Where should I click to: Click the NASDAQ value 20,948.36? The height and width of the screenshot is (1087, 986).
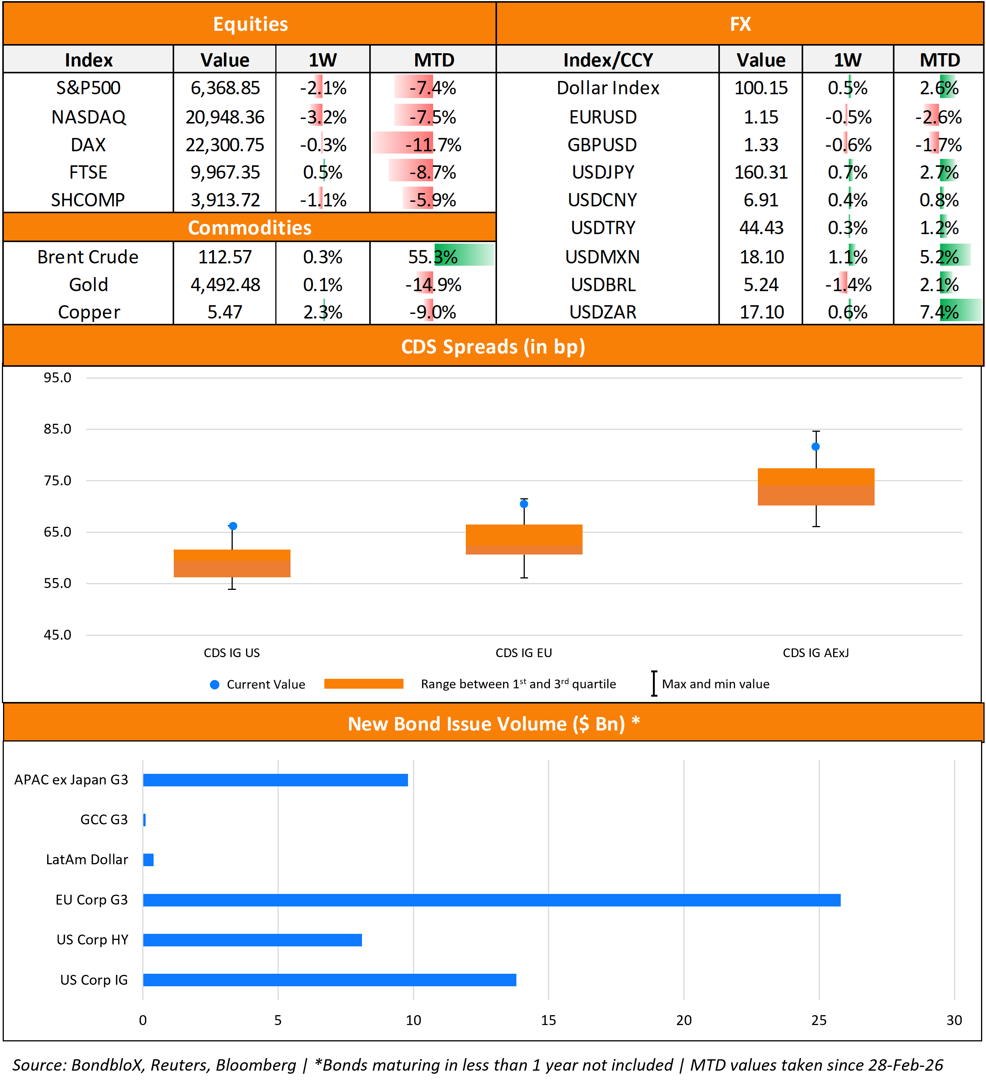[x=225, y=117]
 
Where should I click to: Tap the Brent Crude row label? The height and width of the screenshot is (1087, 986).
[x=88, y=257]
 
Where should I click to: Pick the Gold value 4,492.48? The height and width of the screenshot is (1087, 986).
[x=225, y=285]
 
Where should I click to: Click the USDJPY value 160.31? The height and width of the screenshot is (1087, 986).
[x=761, y=173]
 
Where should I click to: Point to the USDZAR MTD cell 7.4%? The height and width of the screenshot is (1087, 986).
[x=939, y=312]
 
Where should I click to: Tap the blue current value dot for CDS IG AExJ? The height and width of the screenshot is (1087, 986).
[x=816, y=447]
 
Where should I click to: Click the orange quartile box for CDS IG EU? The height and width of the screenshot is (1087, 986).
[x=524, y=539]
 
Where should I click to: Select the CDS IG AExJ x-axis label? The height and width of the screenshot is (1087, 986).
[x=816, y=653]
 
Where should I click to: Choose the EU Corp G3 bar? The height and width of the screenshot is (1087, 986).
[x=491, y=900]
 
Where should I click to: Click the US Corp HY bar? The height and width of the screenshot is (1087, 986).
[x=252, y=940]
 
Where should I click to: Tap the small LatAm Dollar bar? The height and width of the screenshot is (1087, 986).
[x=148, y=859]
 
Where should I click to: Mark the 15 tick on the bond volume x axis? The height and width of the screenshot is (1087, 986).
[x=549, y=1020]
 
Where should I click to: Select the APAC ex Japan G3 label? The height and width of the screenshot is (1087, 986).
[x=71, y=780]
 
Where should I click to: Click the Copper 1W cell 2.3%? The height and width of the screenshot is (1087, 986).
[x=322, y=312]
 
